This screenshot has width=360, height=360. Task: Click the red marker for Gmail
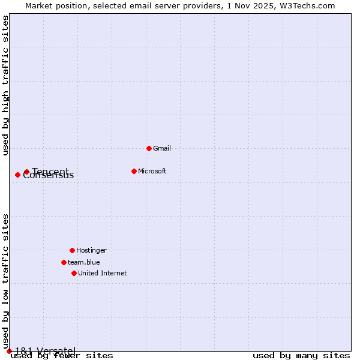click(x=149, y=148)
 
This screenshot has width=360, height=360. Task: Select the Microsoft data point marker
click(x=134, y=171)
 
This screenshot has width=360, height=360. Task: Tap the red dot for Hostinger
click(x=72, y=250)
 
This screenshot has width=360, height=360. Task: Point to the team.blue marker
click(x=64, y=262)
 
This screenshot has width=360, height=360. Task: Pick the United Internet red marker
click(x=74, y=273)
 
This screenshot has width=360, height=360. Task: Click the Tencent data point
click(x=26, y=172)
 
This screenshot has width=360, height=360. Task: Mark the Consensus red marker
click(x=17, y=175)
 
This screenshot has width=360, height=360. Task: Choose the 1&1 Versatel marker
click(x=9, y=351)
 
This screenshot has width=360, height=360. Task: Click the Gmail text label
click(x=162, y=148)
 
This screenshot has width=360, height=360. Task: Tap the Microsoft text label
click(x=152, y=171)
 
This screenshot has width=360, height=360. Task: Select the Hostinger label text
click(x=91, y=250)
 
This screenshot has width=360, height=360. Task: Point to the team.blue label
click(x=84, y=262)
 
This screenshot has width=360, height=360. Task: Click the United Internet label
click(x=103, y=273)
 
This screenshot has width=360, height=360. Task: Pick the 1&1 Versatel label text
click(x=45, y=351)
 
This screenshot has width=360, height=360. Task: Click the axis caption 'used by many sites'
click(x=301, y=356)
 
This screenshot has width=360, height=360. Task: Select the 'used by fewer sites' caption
click(x=62, y=356)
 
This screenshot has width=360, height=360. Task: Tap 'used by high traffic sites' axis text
click(x=6, y=85)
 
